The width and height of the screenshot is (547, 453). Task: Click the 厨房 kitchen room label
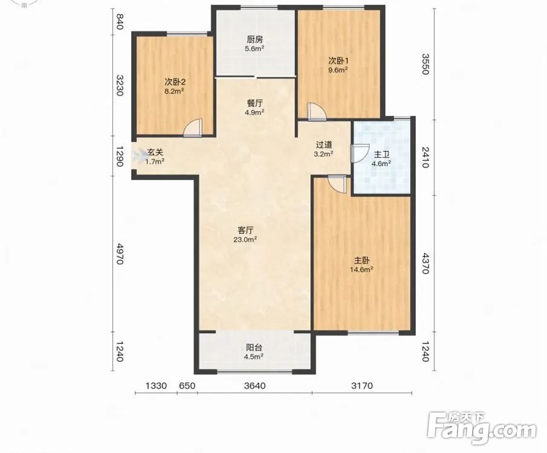(x=254, y=39)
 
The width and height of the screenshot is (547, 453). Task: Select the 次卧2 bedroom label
(x=175, y=82)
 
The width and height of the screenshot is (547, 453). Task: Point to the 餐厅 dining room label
(x=254, y=103)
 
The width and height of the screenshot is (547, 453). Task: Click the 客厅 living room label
(x=245, y=230)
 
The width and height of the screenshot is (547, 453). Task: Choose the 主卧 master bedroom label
(x=362, y=260)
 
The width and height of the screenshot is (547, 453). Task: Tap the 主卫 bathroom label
(x=383, y=155)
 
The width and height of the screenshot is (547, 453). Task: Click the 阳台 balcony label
(x=254, y=347)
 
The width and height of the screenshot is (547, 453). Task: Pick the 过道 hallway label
(x=324, y=144)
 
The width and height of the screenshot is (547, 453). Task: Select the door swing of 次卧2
(x=193, y=127)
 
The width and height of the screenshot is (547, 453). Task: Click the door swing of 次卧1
(x=317, y=112)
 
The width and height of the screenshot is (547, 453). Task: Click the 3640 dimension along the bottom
(x=254, y=386)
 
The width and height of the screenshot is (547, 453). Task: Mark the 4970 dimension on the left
(x=120, y=254)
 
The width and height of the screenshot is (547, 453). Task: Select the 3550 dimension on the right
(x=426, y=64)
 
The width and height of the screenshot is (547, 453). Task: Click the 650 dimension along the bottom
(x=187, y=386)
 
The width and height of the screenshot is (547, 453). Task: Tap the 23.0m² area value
(x=245, y=240)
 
